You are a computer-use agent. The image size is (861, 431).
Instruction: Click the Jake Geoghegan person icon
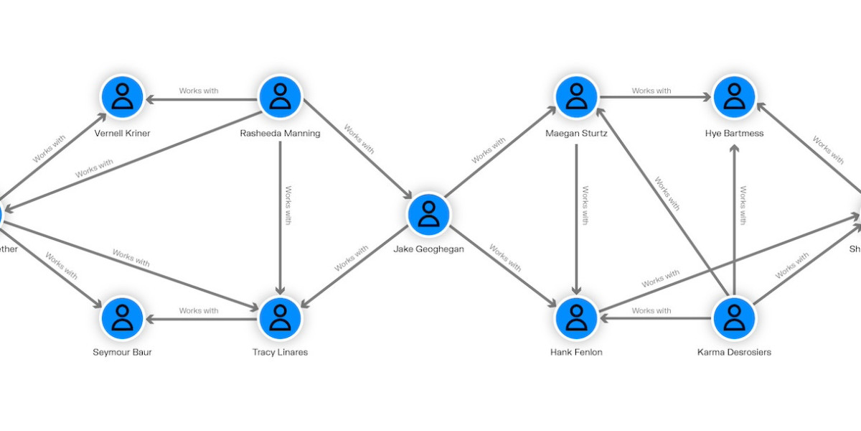(428, 214)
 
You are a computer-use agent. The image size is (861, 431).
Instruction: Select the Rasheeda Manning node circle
(280, 96)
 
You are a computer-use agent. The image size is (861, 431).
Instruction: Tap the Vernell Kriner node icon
(123, 96)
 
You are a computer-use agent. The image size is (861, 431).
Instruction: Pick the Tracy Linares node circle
(280, 317)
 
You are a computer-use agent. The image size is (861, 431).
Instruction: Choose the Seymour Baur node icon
(123, 317)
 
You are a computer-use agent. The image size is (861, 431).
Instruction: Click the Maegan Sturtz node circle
(576, 96)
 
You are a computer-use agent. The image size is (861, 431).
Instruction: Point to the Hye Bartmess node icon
(734, 96)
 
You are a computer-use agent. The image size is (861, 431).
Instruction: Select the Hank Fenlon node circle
(576, 317)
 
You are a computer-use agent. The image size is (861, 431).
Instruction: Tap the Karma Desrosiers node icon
(734, 317)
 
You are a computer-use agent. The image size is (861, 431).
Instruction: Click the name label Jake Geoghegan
(428, 249)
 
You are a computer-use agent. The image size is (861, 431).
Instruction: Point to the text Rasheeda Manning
(280, 134)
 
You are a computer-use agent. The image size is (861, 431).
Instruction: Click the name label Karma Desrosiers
(734, 353)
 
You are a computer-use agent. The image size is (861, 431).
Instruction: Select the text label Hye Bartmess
(734, 134)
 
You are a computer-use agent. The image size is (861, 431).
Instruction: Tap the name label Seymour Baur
(123, 353)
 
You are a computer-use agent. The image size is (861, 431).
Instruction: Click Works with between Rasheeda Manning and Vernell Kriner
(199, 91)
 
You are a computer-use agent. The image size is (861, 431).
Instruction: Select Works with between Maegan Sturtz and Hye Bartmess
(651, 91)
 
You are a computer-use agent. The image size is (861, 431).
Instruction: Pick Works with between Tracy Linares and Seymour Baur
(199, 311)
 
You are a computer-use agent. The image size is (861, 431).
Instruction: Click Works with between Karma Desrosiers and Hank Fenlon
(651, 311)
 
